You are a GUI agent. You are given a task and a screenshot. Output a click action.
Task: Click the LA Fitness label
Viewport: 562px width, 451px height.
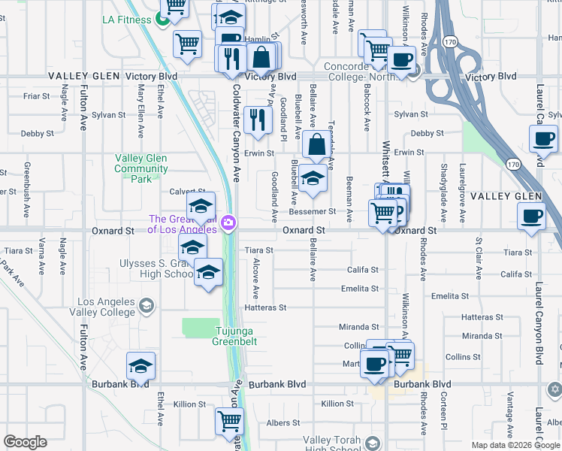pyautogui.click(x=127, y=20)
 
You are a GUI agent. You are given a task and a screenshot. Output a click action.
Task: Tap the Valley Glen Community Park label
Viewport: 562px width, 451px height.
pyautogui.click(x=141, y=168)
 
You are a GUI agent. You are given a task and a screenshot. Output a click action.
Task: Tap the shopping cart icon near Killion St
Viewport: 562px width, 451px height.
pyautogui.click(x=229, y=421)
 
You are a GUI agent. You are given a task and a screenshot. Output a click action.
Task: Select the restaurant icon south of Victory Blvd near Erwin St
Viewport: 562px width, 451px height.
pyautogui.click(x=258, y=120)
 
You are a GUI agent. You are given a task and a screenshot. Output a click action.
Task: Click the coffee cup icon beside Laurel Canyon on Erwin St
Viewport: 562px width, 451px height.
pyautogui.click(x=543, y=139)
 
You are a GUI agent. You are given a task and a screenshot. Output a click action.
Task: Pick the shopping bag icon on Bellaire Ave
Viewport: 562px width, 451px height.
pyautogui.click(x=317, y=144)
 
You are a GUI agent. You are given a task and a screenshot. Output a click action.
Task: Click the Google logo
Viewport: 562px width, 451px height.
pyautogui.click(x=25, y=442)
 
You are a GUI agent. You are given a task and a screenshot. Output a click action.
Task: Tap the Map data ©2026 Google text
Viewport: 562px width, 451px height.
pyautogui.click(x=515, y=445)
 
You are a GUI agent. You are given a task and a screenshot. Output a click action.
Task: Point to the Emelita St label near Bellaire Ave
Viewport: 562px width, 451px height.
pyautogui.click(x=359, y=289)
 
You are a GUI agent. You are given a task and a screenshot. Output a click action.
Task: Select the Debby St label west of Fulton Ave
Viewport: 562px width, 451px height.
pyautogui.click(x=38, y=134)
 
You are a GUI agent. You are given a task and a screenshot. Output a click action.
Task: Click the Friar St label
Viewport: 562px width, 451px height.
pyautogui.click(x=36, y=96)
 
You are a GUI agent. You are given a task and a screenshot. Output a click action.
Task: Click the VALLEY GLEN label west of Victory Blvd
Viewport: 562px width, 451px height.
pyautogui.click(x=82, y=77)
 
